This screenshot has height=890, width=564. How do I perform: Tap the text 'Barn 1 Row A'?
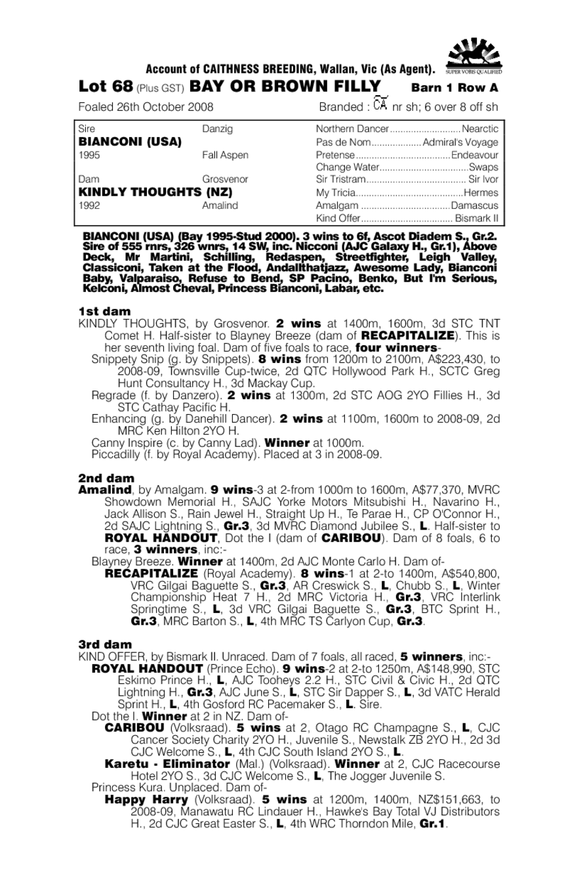tap(454, 88)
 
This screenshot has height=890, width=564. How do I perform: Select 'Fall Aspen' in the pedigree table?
tap(225, 156)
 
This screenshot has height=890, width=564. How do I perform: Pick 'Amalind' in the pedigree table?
tap(220, 205)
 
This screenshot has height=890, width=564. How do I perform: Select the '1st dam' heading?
tap(104, 311)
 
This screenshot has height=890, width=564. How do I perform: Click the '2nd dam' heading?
tap(106, 478)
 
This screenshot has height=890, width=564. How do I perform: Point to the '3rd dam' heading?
tap(105, 644)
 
